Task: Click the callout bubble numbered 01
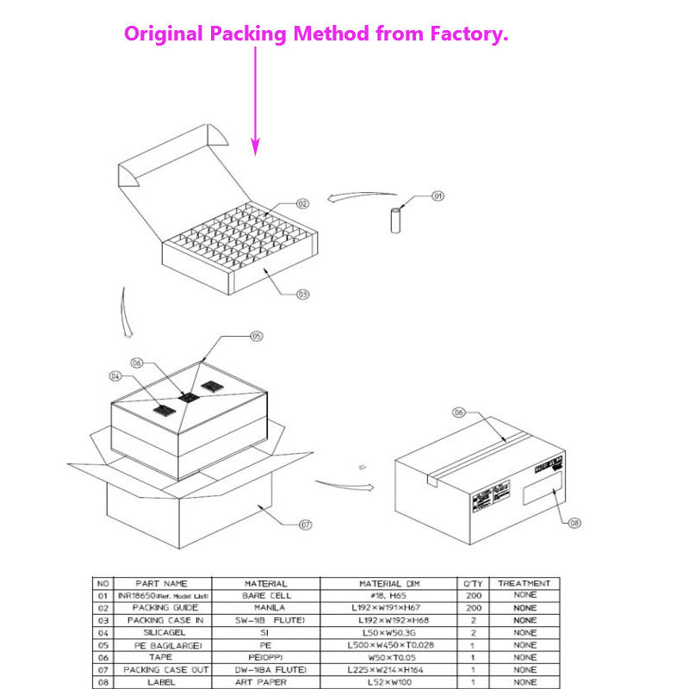(x=438, y=196)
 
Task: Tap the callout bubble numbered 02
(x=302, y=204)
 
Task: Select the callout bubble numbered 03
(x=302, y=294)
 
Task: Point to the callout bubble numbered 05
(x=256, y=336)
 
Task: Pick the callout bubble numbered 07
(x=305, y=524)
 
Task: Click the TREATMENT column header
(x=524, y=583)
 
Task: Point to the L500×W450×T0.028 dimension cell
(x=391, y=644)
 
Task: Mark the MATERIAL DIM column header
(x=391, y=583)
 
